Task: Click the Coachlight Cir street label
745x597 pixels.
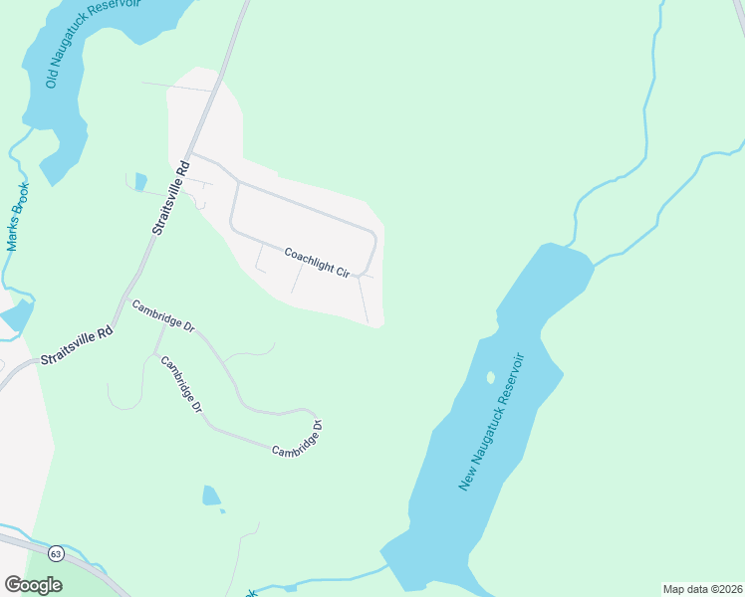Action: click(x=316, y=263)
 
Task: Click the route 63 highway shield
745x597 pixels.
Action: click(x=56, y=552)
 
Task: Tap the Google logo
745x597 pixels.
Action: click(x=33, y=584)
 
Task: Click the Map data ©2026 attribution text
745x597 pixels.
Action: click(x=702, y=589)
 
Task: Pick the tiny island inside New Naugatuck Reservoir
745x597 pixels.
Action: click(x=490, y=377)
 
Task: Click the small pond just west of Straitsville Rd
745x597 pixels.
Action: click(x=140, y=181)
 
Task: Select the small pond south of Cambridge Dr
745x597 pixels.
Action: click(x=211, y=496)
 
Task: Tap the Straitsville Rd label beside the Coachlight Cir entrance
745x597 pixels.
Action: click(x=169, y=197)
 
